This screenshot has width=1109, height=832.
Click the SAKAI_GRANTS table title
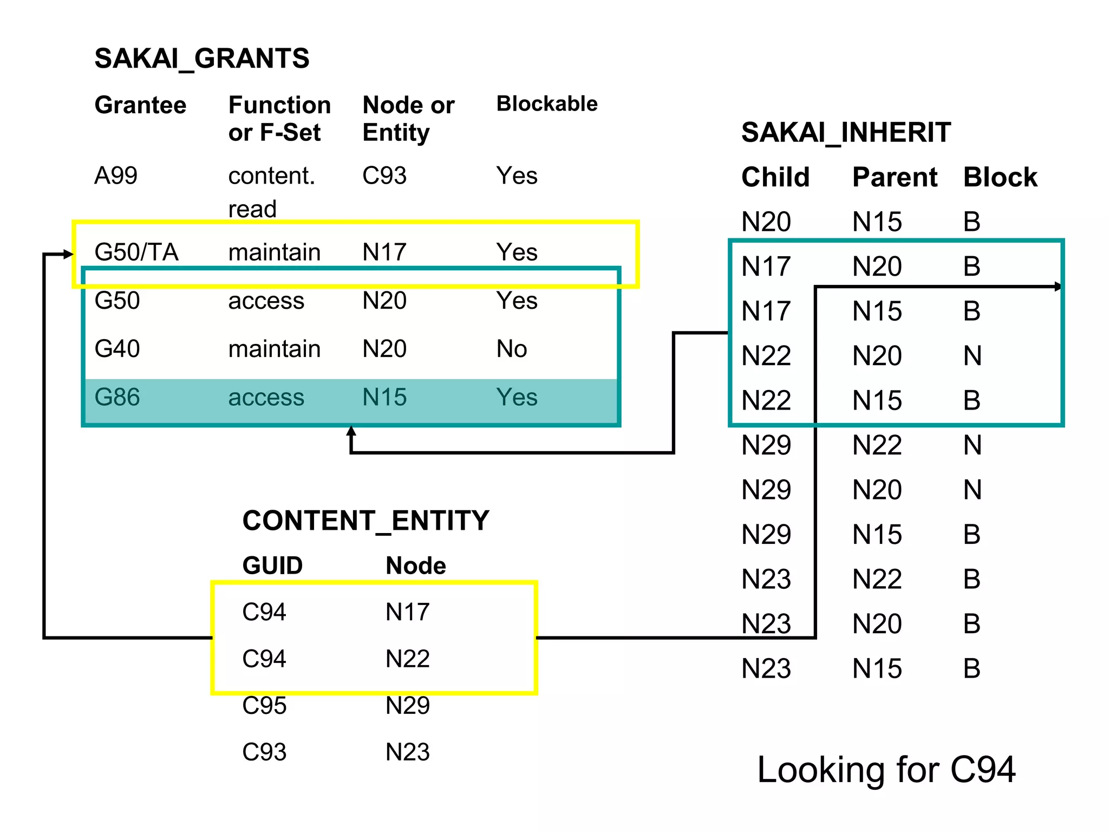(x=201, y=58)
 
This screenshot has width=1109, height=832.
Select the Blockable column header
(x=546, y=103)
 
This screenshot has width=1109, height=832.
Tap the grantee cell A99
(x=116, y=175)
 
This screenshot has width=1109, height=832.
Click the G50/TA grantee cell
(x=136, y=252)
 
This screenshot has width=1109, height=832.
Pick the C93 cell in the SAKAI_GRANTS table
(x=384, y=175)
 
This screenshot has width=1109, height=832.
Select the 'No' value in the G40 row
(x=511, y=349)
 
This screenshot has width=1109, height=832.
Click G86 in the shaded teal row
(x=117, y=397)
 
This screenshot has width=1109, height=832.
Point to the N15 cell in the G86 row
(x=384, y=397)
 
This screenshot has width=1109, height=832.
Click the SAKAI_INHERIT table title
(x=845, y=133)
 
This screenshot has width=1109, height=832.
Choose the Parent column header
(x=894, y=177)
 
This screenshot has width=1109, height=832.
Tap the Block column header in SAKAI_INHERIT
(x=1000, y=177)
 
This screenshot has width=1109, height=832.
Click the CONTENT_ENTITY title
(x=366, y=521)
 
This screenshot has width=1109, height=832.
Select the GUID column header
(x=272, y=565)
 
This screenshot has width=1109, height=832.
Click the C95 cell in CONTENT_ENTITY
(x=264, y=705)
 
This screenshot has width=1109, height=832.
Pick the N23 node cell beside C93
(x=407, y=752)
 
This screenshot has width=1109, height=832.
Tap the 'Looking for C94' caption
(x=886, y=770)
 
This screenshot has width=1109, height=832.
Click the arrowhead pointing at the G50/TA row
(x=68, y=254)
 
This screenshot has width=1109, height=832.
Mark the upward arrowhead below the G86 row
(x=351, y=432)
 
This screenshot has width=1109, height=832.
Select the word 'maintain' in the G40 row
(x=274, y=349)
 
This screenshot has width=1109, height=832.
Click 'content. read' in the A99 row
(x=271, y=192)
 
